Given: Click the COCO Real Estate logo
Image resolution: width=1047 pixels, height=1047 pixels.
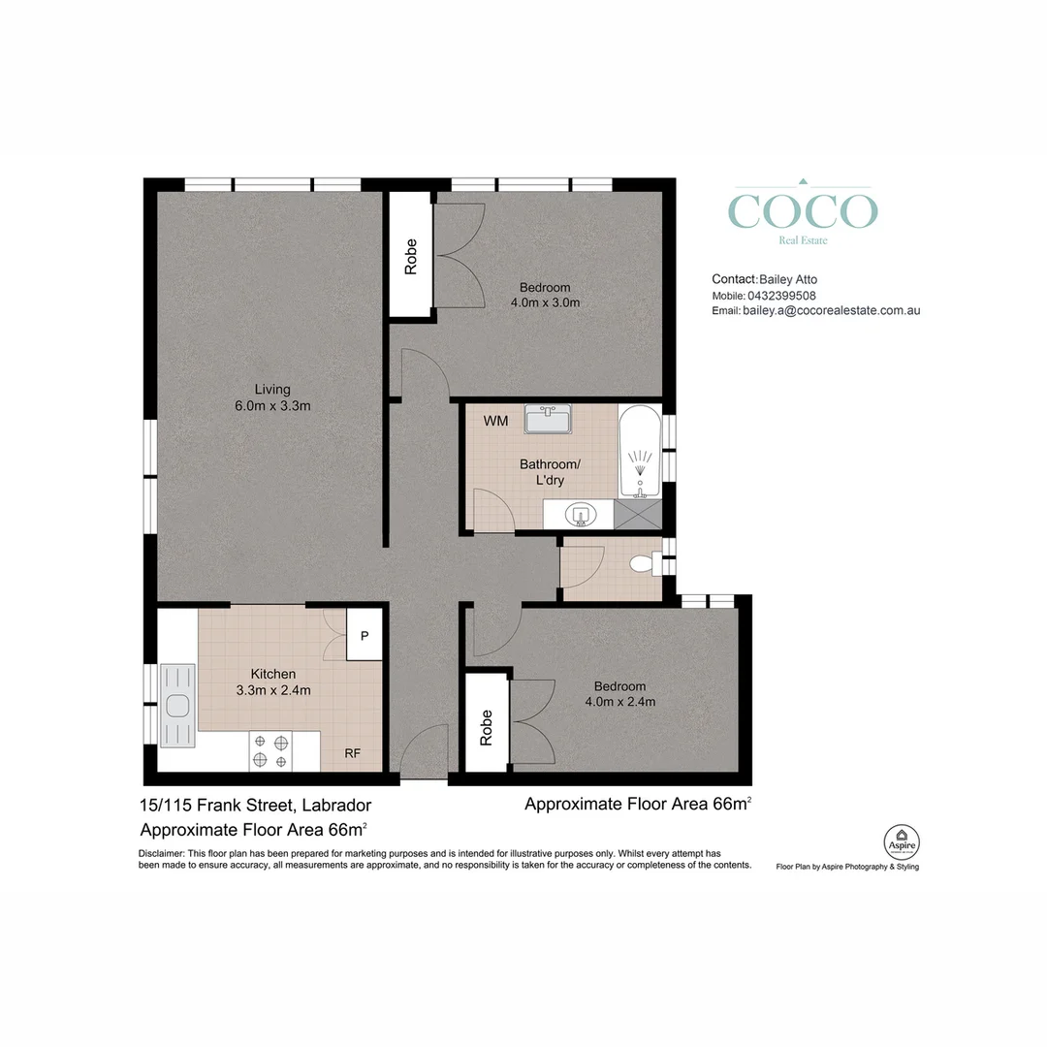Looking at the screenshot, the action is coord(803,212).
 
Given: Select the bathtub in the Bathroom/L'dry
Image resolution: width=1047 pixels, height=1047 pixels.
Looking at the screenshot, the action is coord(640,452).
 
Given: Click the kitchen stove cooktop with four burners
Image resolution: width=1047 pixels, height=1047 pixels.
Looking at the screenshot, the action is coord(271,751).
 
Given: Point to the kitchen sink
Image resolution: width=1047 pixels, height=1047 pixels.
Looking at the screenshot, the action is coord(177,705).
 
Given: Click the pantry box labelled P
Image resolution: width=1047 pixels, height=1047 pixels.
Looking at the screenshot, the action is coord(365,635).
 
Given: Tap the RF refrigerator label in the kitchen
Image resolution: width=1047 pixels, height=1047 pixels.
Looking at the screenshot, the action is coord(353,753).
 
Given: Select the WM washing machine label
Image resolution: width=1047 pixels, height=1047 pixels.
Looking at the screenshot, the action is coord(495,421).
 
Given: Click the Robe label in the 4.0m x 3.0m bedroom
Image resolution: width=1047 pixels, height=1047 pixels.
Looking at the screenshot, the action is coord(411,257).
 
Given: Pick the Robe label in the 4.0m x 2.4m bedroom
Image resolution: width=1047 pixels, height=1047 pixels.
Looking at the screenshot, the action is coord(486,728).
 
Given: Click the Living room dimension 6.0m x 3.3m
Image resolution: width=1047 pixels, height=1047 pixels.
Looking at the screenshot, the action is coord(272,405).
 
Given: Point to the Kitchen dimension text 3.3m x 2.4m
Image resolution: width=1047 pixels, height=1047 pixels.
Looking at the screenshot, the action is coord(273,690).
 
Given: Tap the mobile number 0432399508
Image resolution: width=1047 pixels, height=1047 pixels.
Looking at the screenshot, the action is coord(781,295).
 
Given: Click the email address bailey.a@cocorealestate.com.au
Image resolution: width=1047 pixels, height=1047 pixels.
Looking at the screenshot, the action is coord(832,310).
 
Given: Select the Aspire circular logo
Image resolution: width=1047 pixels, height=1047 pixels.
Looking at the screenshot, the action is coord(902,842).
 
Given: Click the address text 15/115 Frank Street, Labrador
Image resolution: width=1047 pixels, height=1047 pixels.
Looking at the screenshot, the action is coord(255,806).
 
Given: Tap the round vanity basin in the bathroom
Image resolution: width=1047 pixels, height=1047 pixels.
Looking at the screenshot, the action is coord(581,515).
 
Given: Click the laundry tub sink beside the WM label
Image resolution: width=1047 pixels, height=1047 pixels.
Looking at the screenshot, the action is coord(548,419).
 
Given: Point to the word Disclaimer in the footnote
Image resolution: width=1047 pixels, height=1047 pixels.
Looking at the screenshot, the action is coord(161,853).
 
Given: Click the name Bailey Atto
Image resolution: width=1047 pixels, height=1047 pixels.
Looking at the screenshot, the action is coord(788,280).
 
